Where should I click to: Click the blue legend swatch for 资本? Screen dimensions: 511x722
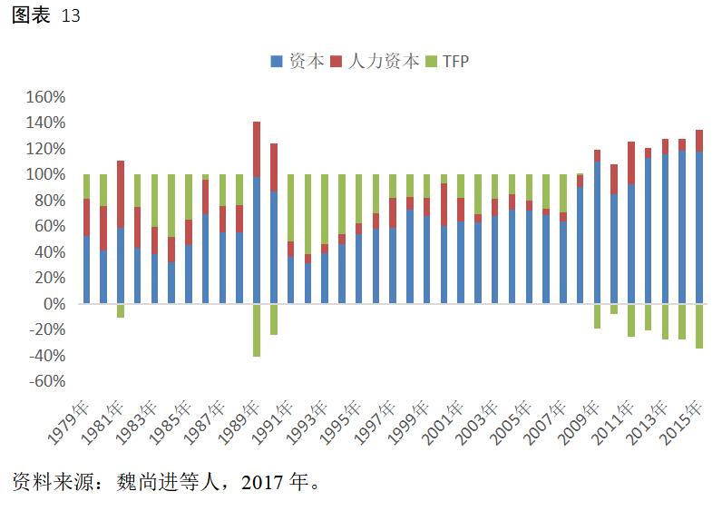point(276,62)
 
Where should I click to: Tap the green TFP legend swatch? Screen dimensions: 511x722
point(431,62)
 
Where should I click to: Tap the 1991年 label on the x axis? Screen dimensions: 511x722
point(273,422)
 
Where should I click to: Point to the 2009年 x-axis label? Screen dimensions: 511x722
point(580,422)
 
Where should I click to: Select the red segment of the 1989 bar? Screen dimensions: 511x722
point(257,149)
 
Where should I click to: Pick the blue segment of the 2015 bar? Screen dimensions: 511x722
point(699,227)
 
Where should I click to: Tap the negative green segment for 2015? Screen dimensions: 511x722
point(699,326)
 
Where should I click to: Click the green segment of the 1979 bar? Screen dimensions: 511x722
point(87,186)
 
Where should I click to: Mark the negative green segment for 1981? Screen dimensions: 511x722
point(121,310)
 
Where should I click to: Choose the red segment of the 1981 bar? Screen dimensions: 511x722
point(121,194)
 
